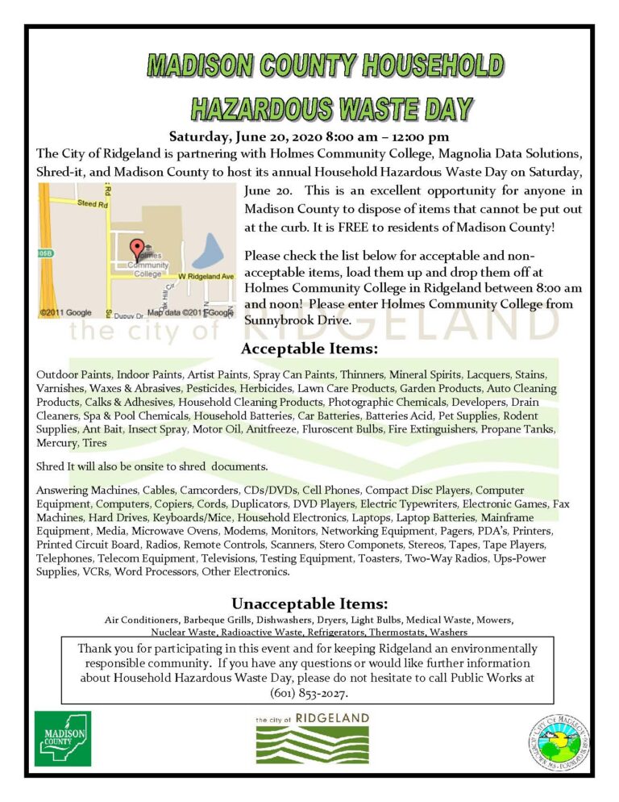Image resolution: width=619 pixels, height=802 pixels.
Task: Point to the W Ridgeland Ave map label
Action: pyautogui.click(x=206, y=277)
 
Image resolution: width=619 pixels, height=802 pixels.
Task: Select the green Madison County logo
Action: pyautogui.click(x=63, y=738)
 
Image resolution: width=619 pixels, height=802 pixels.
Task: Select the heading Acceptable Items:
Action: pyautogui.click(x=309, y=349)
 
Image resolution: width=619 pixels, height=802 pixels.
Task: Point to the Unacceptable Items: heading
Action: pyautogui.click(x=310, y=604)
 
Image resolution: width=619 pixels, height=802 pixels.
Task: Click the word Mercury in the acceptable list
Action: pyautogui.click(x=56, y=443)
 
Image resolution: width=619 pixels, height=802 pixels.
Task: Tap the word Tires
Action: pyautogui.click(x=93, y=443)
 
